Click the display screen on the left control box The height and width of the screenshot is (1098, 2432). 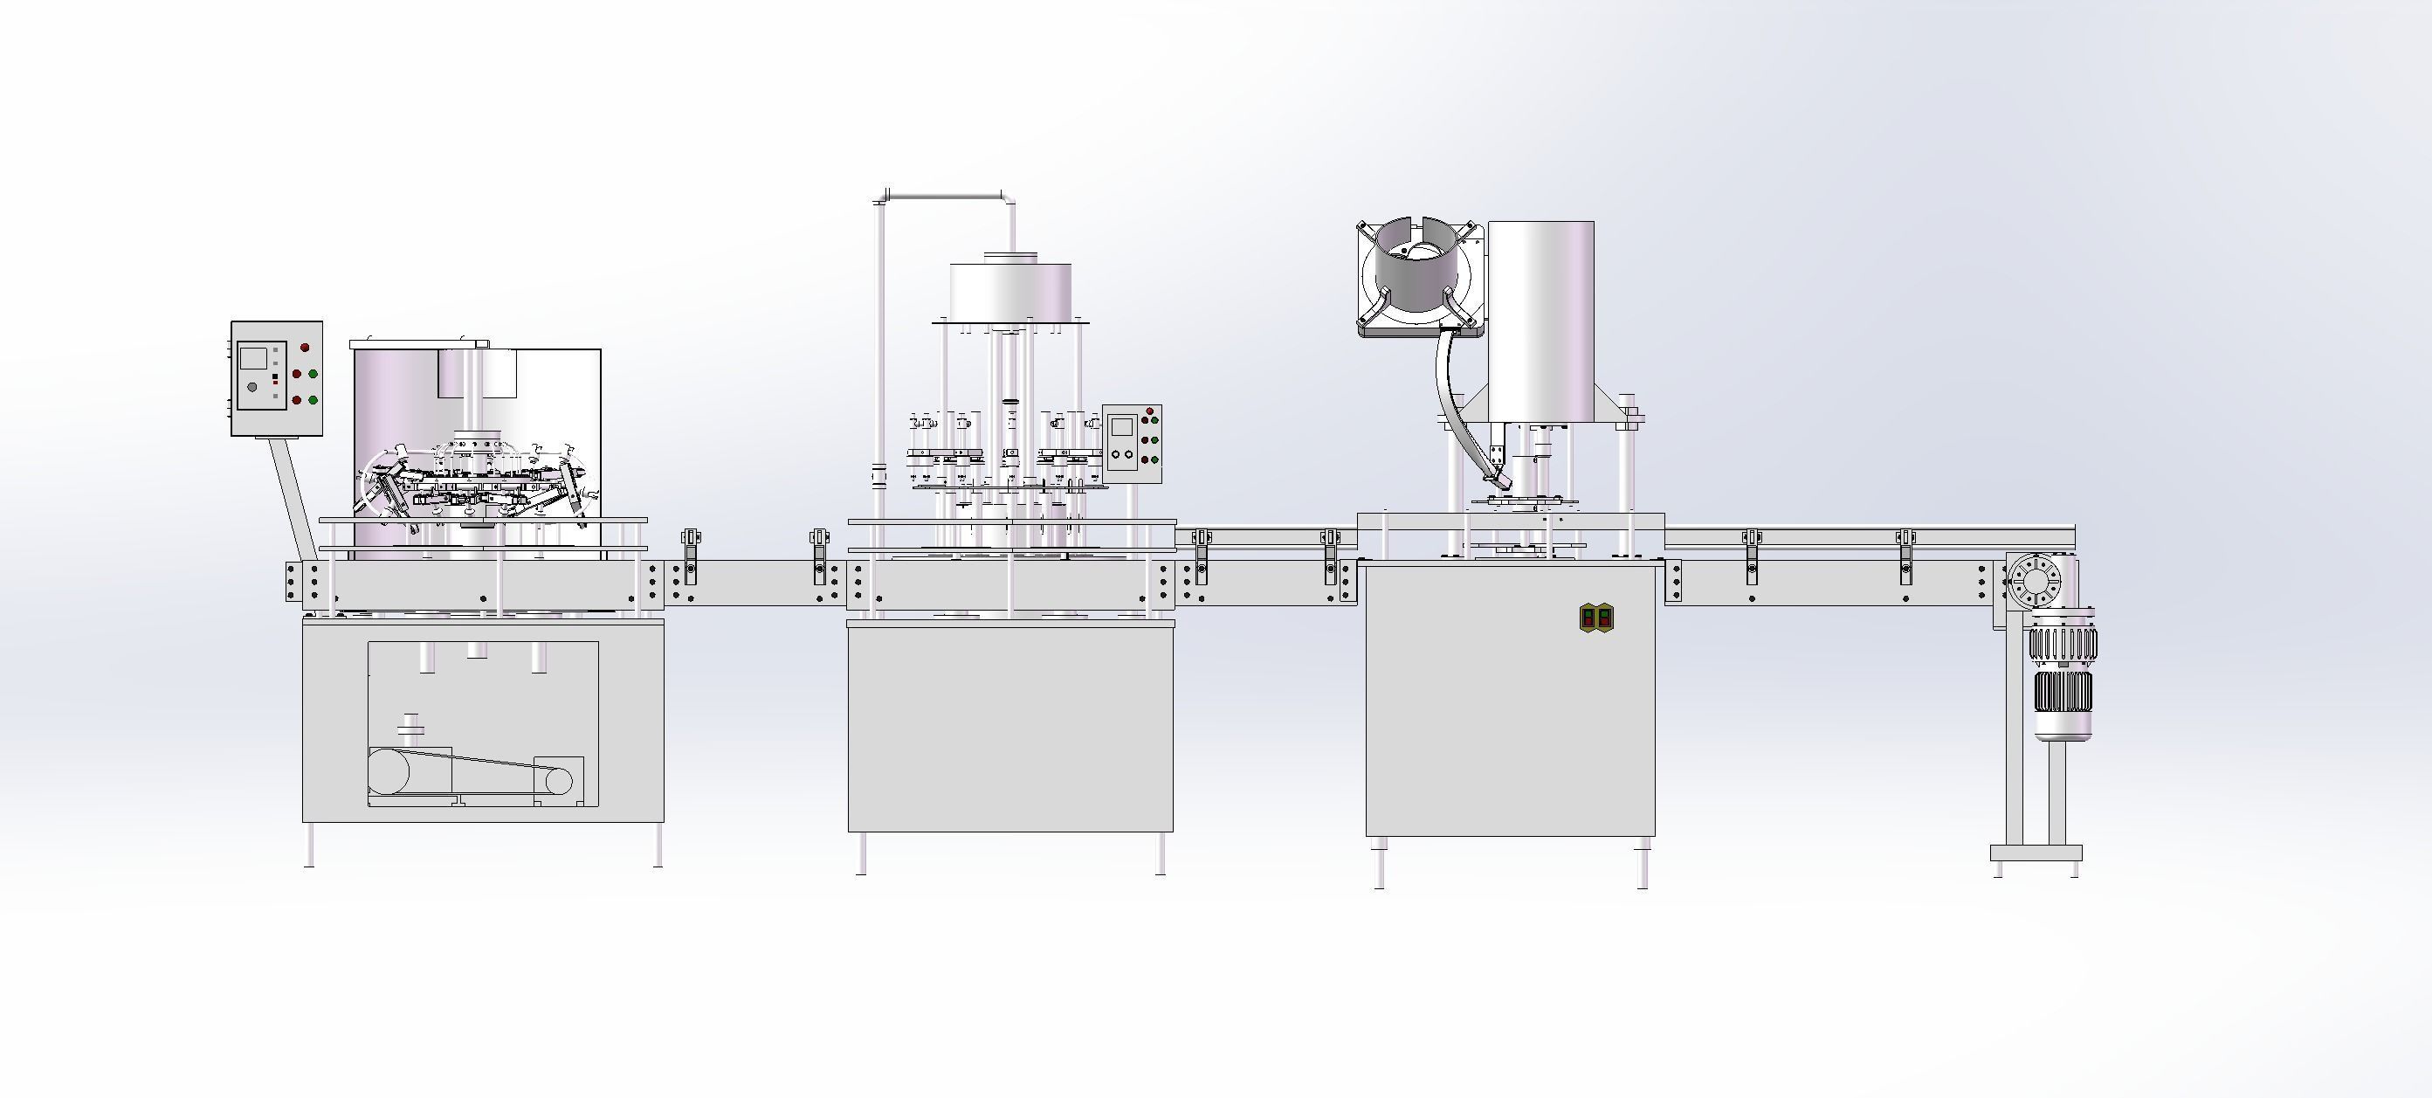253,358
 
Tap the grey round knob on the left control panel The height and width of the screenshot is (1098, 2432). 252,386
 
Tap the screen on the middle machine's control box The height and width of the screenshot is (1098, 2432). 1120,425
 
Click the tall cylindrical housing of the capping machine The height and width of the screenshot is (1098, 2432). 1540,321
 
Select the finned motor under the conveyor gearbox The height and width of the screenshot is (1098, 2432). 2062,675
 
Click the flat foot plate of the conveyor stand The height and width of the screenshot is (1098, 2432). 2036,853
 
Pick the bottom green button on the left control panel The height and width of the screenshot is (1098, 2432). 313,399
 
